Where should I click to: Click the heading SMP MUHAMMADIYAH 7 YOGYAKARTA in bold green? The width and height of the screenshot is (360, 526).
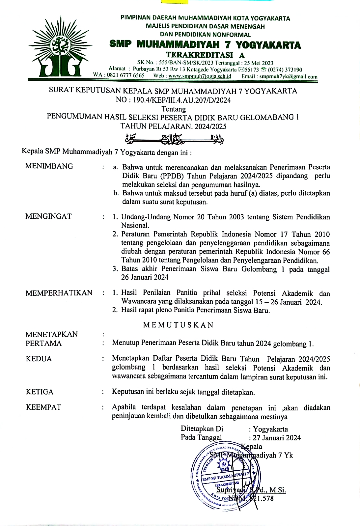point(205,45)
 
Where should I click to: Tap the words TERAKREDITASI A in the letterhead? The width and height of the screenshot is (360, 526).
point(205,55)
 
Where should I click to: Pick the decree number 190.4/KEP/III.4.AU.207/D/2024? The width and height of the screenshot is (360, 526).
point(181,100)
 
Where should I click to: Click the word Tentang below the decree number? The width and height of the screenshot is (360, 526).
point(174,109)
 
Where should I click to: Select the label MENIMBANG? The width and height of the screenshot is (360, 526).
point(49,166)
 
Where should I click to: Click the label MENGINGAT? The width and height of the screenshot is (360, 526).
point(48,216)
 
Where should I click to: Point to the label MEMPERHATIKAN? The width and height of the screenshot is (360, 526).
point(59,293)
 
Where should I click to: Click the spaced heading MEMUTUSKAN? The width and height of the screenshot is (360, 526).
point(178,325)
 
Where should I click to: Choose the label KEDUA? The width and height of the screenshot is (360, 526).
point(39,359)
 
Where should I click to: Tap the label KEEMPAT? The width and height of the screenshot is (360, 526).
point(43,407)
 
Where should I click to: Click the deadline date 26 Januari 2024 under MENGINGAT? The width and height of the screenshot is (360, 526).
point(145,277)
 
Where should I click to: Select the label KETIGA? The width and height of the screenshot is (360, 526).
point(40,392)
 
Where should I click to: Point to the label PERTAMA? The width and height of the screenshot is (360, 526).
point(43,343)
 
